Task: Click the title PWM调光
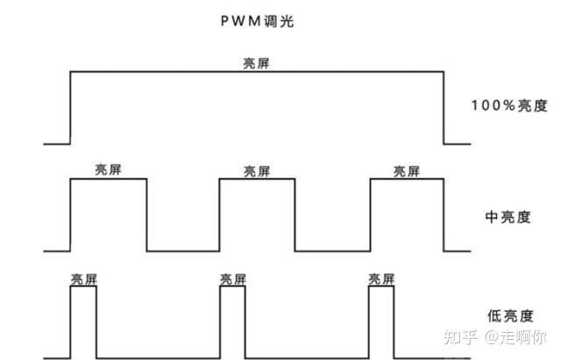(257, 21)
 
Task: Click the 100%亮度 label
(509, 106)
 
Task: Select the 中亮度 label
(508, 217)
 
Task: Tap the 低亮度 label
(510, 316)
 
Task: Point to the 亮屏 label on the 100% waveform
(256, 64)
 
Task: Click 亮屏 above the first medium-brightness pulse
(108, 169)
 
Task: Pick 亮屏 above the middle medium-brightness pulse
(257, 172)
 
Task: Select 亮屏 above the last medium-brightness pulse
(407, 172)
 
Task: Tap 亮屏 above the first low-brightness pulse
(84, 279)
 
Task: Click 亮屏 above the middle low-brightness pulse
(233, 279)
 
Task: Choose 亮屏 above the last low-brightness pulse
(382, 279)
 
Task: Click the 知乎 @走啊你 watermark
(494, 336)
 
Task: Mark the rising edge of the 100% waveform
(70, 108)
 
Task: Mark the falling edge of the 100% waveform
(444, 108)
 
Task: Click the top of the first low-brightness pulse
(83, 286)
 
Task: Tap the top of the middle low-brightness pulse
(232, 286)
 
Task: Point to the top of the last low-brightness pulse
(381, 286)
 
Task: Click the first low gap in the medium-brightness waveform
(183, 251)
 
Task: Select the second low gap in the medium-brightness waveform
(333, 251)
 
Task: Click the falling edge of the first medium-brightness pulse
(146, 215)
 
